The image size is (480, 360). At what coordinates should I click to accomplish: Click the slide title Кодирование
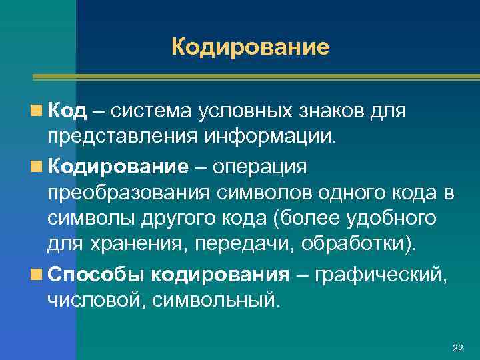250,47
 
